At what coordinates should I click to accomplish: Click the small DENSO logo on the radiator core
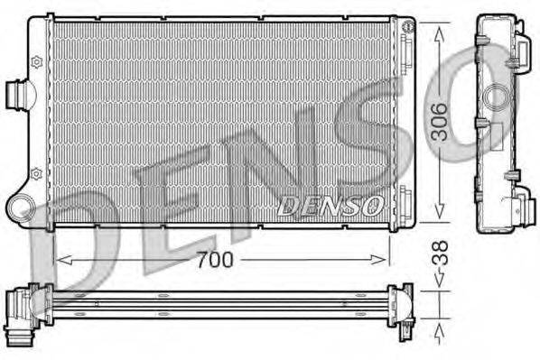point(331,205)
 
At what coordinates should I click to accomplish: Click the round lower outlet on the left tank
point(21,210)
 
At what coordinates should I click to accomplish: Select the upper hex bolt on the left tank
point(36,61)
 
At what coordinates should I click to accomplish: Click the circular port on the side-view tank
point(494,97)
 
